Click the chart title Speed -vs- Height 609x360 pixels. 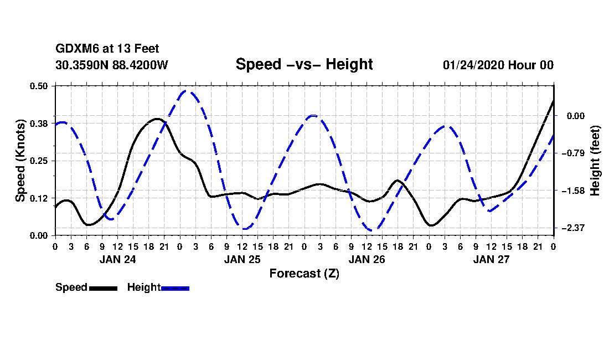(304, 64)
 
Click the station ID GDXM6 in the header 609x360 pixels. (74, 49)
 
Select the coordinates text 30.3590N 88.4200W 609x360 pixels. (111, 65)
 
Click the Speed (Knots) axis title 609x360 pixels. (20, 161)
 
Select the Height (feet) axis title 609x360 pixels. (596, 161)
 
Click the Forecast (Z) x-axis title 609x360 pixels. (304, 273)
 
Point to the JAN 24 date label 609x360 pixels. (117, 259)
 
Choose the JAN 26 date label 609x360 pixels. (367, 259)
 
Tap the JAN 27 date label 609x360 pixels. (491, 259)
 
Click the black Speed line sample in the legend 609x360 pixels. (103, 288)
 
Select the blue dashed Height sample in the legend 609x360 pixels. (176, 288)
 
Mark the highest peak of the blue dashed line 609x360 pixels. (188, 91)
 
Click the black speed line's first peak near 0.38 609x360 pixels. (157, 119)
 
